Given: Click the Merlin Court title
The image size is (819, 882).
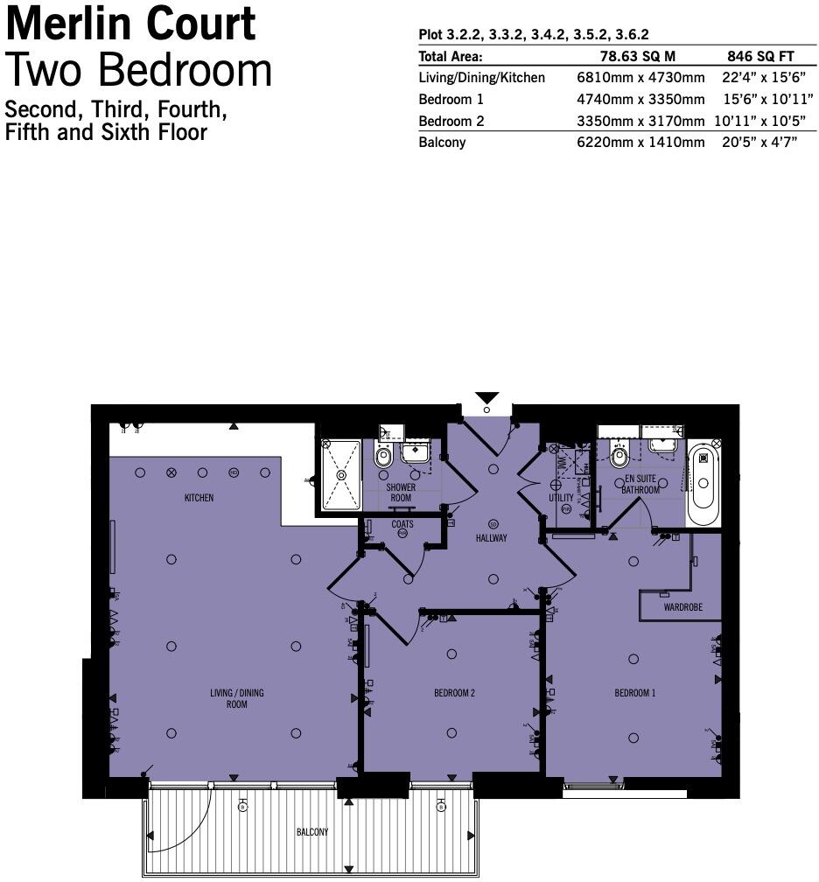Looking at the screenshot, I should (x=131, y=24).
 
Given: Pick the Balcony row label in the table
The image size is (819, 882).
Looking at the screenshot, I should (x=442, y=143).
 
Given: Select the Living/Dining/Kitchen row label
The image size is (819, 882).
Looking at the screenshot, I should (x=481, y=78).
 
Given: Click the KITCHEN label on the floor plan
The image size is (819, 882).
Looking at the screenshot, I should (x=199, y=498).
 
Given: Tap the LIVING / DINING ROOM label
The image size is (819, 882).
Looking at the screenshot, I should (x=236, y=698).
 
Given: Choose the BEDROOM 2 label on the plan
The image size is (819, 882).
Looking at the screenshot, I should (x=454, y=693).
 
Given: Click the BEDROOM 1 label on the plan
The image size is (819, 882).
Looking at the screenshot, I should (x=634, y=693).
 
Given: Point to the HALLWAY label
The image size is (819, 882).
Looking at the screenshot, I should (x=491, y=538).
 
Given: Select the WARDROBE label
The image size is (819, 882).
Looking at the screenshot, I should (x=682, y=607).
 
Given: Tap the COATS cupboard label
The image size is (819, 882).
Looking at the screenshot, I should (x=402, y=524).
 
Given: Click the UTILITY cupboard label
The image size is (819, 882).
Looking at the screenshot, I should (x=561, y=498).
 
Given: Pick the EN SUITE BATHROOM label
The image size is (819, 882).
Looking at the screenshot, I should (x=640, y=485).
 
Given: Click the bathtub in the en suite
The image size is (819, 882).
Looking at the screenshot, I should (x=703, y=483).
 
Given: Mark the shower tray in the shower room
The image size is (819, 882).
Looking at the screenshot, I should (x=341, y=475).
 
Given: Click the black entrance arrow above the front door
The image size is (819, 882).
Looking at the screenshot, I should (x=487, y=397).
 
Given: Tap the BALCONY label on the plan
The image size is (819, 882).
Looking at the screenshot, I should (x=311, y=832).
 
